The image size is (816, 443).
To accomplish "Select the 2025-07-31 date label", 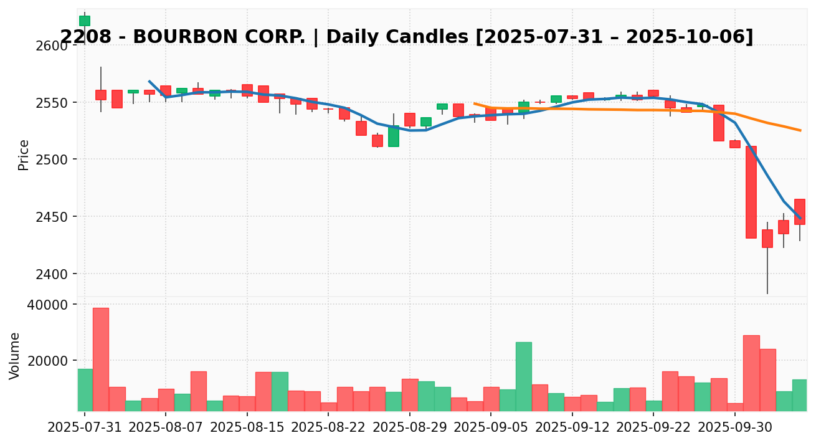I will pos(85,428).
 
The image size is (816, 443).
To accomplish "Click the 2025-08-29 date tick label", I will pos(410,428).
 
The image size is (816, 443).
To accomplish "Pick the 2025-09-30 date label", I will pos(735,428).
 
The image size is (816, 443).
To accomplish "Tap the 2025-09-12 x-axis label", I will pos(572,428).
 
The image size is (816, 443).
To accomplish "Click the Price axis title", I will pos(24,155).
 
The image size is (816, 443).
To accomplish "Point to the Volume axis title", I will pos(15,355).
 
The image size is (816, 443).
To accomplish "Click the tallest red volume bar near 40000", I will pos(101,359).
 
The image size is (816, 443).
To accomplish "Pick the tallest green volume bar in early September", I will pos(524,376).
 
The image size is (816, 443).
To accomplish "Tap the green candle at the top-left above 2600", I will pos(85,21).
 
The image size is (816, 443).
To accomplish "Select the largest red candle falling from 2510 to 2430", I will pos(751,192).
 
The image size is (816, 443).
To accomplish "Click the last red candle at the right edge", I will pos(800,212).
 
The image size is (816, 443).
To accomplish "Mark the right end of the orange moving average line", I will pos(800,130).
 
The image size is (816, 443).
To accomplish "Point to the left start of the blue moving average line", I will pos(149,81).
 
